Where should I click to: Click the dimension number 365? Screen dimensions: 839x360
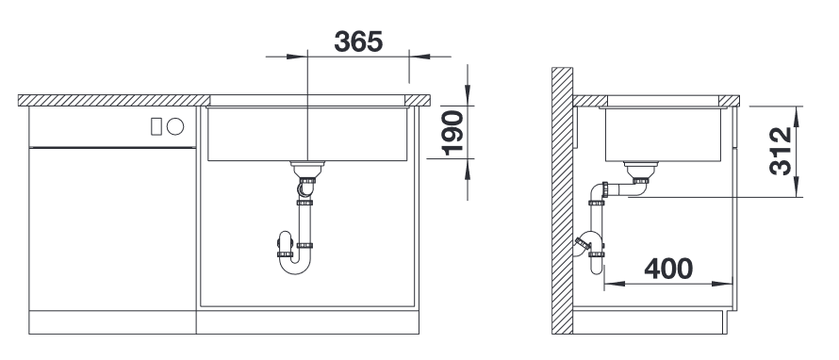pos(358,41)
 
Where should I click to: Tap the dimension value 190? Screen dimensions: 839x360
pos(452,133)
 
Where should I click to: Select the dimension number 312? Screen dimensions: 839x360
pos(781,151)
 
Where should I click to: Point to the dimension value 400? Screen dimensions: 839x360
pos(668,269)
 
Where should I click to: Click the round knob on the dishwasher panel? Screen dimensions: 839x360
pos(175,127)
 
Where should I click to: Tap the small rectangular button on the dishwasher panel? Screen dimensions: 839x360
pos(156,127)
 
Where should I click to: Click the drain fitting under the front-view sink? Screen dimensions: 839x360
pos(307,169)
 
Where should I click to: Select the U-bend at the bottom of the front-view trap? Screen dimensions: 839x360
pos(294,263)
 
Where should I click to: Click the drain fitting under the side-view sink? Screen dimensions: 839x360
pos(641,170)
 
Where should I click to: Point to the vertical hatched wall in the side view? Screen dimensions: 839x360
pos(563,201)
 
